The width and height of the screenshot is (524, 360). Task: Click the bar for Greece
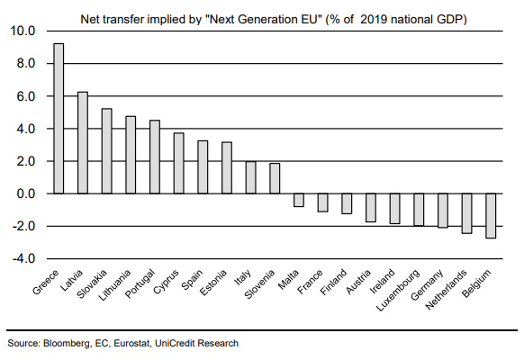59,119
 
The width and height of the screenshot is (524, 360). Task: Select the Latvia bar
83,143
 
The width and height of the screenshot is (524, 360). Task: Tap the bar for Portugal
155,157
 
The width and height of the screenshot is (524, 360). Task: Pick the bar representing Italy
251,177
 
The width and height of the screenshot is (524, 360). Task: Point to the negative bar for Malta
299,200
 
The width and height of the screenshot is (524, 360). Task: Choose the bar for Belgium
491,216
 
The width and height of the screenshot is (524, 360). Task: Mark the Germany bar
443,211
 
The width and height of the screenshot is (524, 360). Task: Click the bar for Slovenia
275,178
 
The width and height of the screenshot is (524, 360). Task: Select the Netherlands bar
467,213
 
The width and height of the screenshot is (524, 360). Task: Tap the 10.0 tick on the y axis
23,31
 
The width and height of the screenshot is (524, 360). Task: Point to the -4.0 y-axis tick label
23,259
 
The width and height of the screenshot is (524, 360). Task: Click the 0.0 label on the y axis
26,193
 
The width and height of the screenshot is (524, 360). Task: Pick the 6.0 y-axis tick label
26,96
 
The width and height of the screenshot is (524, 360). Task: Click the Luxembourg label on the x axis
398,290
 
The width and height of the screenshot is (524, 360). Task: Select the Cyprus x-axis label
166,282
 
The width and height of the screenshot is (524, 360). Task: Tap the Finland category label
333,283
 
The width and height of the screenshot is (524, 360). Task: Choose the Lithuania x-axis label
114,285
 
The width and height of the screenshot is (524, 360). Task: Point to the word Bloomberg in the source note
67,344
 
